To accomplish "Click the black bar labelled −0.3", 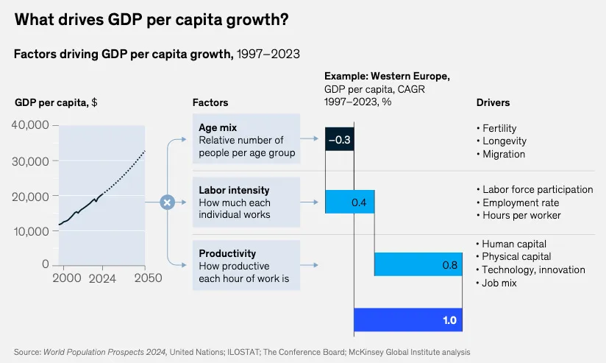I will coord(339,139).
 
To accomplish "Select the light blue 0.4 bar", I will coord(349,202).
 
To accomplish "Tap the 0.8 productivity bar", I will coord(418,264).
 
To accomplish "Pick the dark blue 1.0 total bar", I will coord(407,320).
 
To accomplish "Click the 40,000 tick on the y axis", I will coord(31,125).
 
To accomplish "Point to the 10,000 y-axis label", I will coord(31,231).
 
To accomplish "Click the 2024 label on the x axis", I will coord(102,278).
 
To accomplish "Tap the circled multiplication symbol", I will coord(167,202).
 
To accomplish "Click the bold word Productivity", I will coord(227,253).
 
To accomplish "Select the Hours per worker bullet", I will coord(521,215).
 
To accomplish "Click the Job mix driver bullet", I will coord(499,283).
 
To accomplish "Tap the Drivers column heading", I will coord(493,102).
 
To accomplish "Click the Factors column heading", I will coord(210,102).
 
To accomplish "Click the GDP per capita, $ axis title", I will coord(56,102).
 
